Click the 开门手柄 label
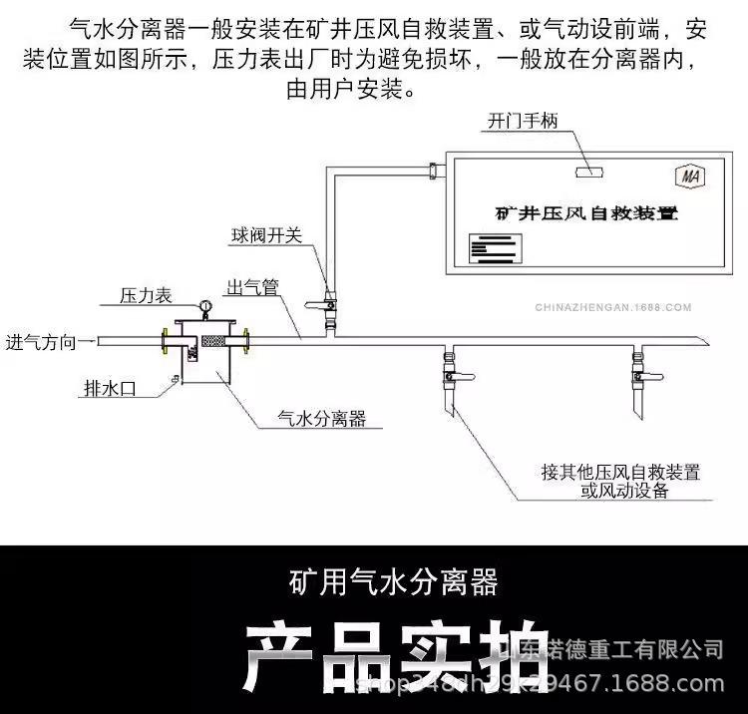pyautogui.click(x=523, y=122)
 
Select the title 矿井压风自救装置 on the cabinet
pyautogui.click(x=586, y=213)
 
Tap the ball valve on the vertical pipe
pyautogui.click(x=325, y=296)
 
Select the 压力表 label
pyautogui.click(x=146, y=296)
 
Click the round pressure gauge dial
pyautogui.click(x=205, y=303)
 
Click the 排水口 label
pyautogui.click(x=109, y=389)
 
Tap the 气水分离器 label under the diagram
pyautogui.click(x=322, y=420)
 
